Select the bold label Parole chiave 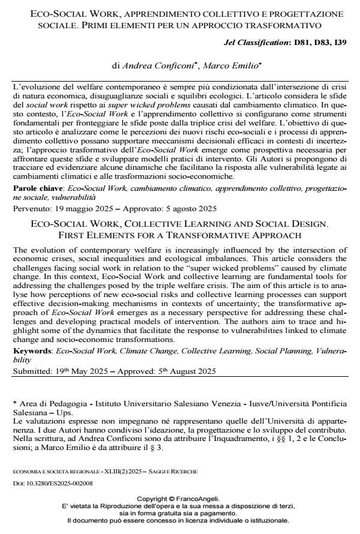pos(35,188)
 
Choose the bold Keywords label pos(31,349)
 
